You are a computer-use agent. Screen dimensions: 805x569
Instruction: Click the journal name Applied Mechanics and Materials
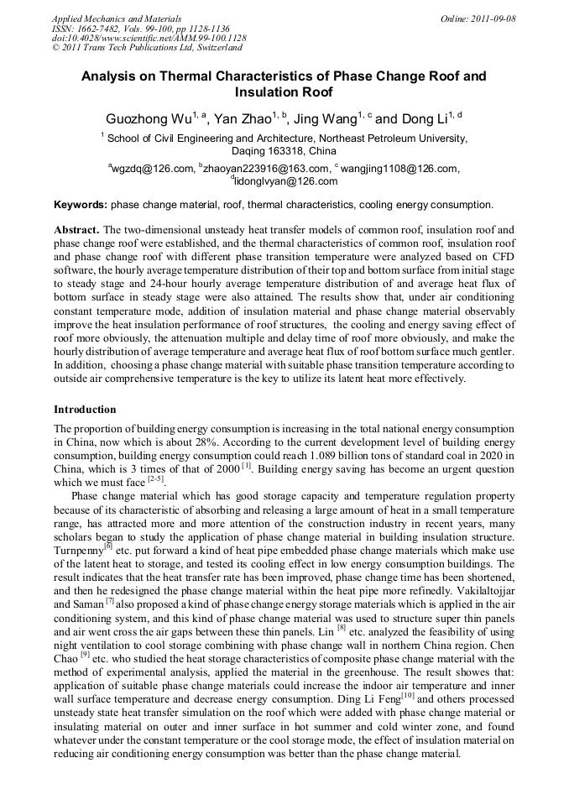(117, 18)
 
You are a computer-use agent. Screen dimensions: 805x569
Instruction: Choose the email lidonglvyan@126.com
(285, 181)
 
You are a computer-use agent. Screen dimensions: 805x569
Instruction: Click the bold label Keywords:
(81, 205)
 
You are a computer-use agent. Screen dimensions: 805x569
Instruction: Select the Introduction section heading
(85, 410)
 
